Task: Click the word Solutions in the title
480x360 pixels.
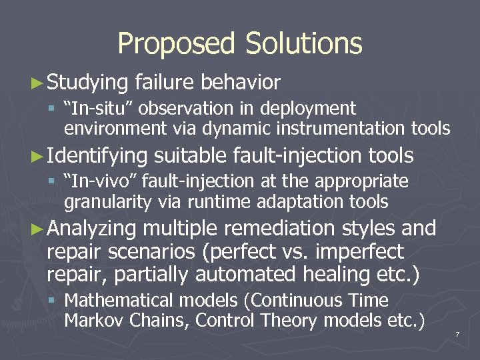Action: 303,44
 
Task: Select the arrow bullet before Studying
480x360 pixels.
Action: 39,83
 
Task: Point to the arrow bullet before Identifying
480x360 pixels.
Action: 39,157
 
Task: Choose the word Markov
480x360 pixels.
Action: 93,321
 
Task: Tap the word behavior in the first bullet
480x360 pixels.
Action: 240,83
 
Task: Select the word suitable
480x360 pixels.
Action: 191,156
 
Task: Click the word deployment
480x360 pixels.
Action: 312,108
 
